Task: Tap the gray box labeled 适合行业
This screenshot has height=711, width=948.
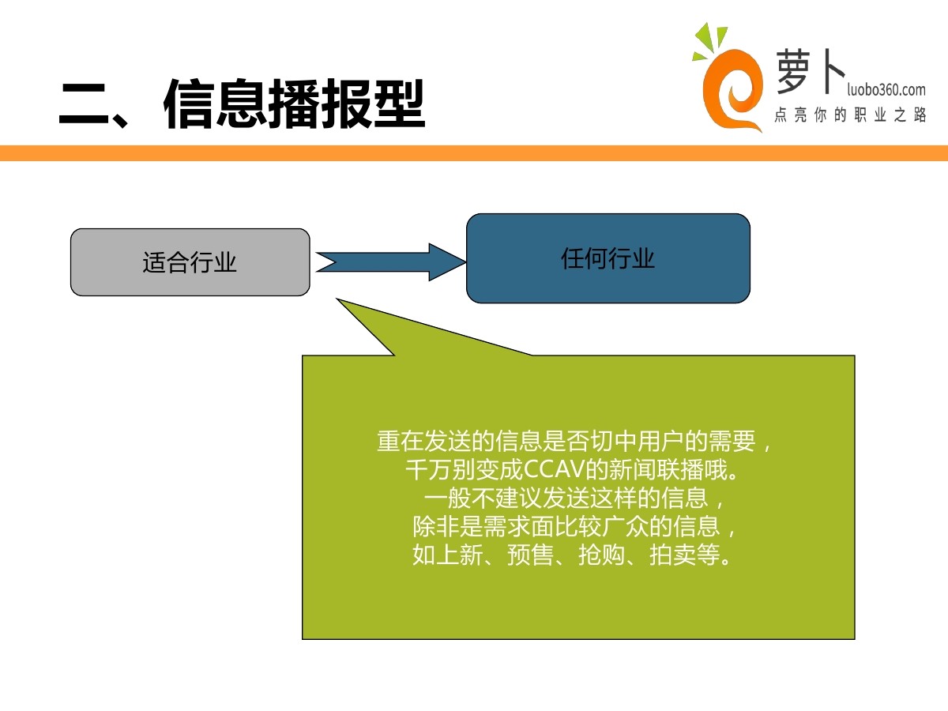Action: pos(190,262)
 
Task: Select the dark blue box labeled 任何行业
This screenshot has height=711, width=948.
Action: pos(608,258)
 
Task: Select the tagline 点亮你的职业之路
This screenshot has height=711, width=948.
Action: pos(850,116)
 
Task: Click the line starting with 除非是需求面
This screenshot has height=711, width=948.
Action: pos(577,526)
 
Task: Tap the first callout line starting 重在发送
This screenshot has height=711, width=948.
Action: pos(577,442)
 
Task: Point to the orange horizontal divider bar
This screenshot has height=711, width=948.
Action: pos(474,153)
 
